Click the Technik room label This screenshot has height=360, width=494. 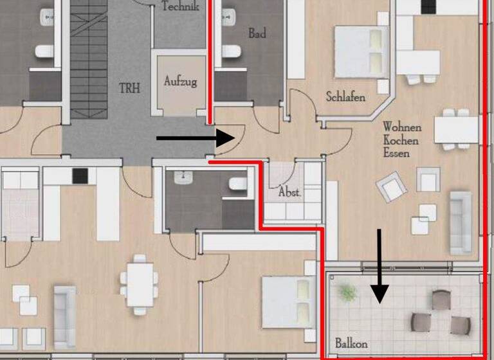180,6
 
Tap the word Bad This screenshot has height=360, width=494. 257,33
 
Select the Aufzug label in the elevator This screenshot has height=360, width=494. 180,82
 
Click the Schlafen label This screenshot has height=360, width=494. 345,98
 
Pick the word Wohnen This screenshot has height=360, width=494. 402,127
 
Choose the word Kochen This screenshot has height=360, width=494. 401,140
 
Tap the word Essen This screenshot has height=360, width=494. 396,154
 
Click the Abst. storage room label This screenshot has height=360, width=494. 290,192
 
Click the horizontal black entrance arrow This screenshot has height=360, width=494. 196,138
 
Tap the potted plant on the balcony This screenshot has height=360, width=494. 348,293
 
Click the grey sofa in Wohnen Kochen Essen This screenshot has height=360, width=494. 461,222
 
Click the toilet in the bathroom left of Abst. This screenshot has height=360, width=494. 238,184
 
